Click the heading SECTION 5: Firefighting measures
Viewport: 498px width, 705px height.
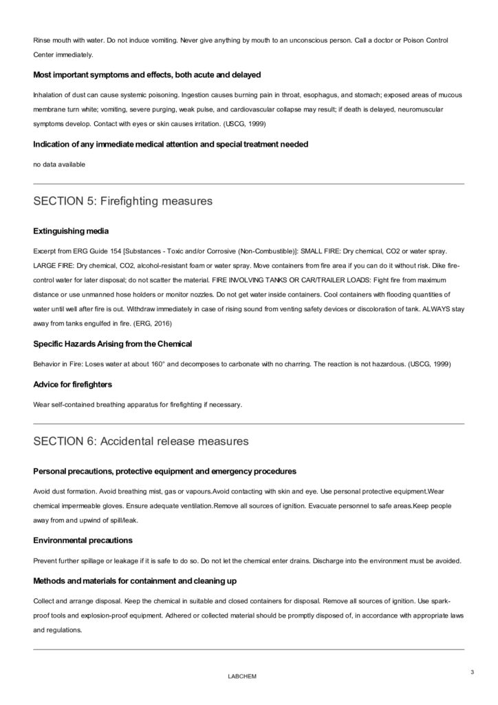122,202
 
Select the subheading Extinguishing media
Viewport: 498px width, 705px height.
70,230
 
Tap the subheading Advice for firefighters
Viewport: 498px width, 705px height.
72,383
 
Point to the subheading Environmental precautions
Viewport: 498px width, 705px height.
83,540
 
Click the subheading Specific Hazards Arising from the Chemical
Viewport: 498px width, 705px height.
112,343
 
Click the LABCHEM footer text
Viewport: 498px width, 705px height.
241,677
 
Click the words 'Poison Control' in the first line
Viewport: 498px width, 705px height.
424,41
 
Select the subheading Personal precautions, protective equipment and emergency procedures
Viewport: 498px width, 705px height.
164,471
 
